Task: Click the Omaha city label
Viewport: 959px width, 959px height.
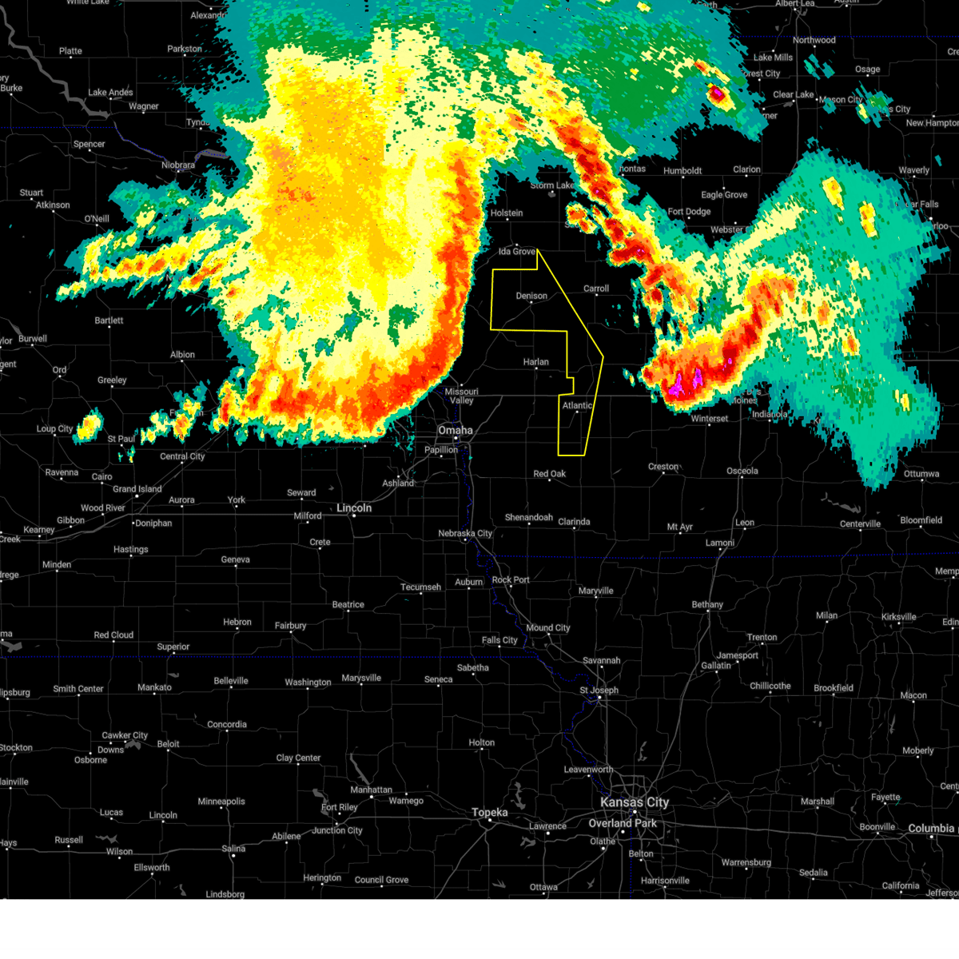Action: pos(456,431)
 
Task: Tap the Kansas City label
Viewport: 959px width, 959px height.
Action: pos(635,802)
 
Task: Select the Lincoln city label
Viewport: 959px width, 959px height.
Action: pos(354,508)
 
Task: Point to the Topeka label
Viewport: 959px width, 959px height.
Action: pos(489,813)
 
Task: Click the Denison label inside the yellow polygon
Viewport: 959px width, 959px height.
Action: pos(531,296)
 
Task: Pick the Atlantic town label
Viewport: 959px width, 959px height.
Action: pos(577,406)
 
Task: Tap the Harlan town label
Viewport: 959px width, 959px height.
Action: pos(536,362)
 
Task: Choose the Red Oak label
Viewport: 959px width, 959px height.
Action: pos(550,474)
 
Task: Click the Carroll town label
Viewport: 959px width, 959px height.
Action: pos(596,289)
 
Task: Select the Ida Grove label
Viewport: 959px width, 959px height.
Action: pos(517,252)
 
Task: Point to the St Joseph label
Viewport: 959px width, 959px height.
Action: pos(599,690)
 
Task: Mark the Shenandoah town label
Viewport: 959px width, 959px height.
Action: pos(529,518)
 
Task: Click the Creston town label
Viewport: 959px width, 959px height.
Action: pos(663,467)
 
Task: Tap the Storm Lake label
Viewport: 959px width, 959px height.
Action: pos(552,185)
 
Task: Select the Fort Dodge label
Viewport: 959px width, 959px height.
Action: pos(689,212)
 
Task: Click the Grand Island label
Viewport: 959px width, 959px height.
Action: pos(137,489)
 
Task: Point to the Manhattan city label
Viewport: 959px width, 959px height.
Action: pos(372,790)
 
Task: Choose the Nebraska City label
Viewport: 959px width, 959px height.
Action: pos(465,534)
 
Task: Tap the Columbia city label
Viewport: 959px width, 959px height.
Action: pos(931,829)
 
